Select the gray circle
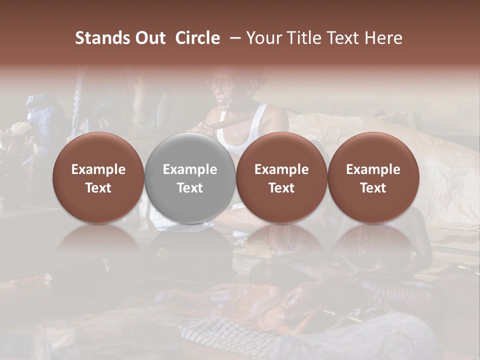189,178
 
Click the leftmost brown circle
98,178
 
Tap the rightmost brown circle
373,178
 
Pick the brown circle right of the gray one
281,178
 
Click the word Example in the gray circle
189,169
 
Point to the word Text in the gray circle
189,188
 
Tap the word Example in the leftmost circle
98,169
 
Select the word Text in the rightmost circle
373,188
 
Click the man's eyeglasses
223,85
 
